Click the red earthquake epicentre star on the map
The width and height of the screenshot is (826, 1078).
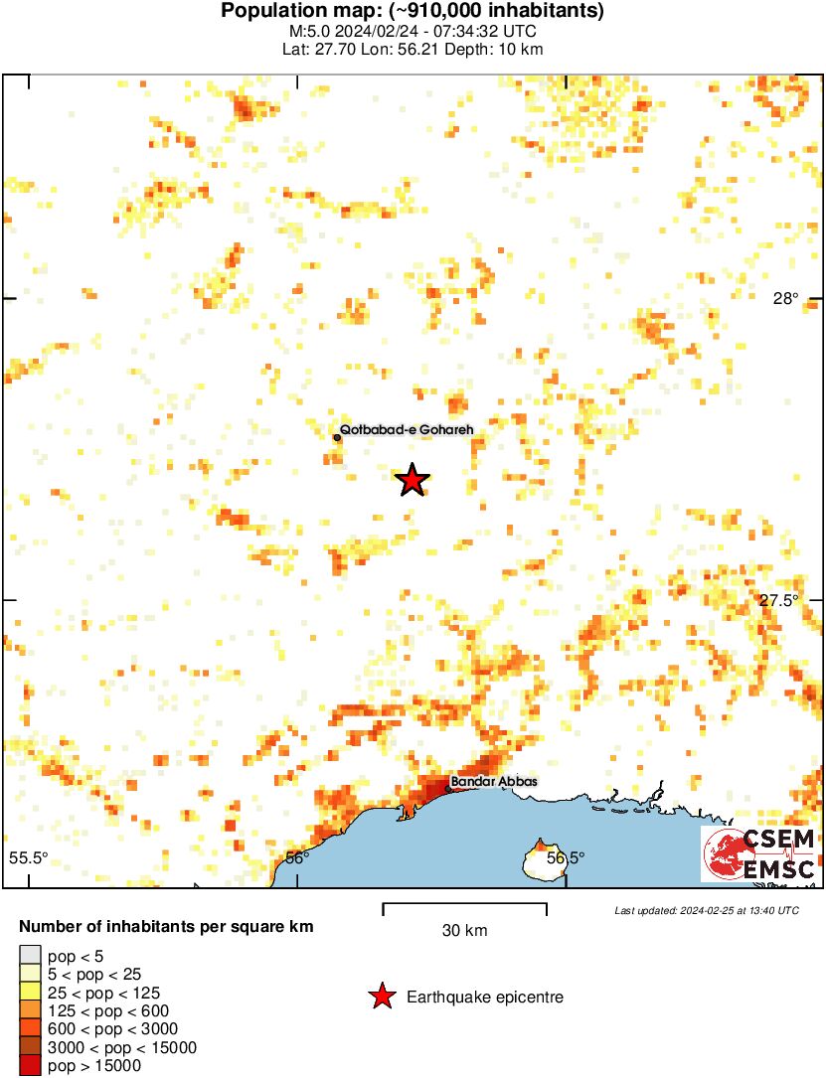[x=413, y=480]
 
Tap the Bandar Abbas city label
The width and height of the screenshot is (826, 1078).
[x=494, y=782]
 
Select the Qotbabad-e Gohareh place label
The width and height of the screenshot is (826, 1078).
[x=406, y=430]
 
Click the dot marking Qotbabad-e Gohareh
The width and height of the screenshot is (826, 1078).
[x=337, y=436]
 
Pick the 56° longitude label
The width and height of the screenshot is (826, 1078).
[x=297, y=857]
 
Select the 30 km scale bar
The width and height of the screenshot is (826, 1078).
[x=464, y=906]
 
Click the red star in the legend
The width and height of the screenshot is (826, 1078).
[x=381, y=997]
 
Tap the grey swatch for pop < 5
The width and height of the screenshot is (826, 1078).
[x=30, y=956]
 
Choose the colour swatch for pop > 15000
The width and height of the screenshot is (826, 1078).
[x=30, y=1065]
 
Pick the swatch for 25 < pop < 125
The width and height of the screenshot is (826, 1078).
[x=30, y=992]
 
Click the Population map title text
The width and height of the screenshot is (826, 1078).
[x=413, y=12]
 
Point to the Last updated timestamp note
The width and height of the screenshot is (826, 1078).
[x=706, y=910]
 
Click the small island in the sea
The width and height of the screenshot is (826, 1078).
[x=542, y=860]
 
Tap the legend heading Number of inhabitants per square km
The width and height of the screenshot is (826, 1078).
[x=166, y=927]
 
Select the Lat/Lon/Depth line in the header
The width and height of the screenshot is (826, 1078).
[x=413, y=49]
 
